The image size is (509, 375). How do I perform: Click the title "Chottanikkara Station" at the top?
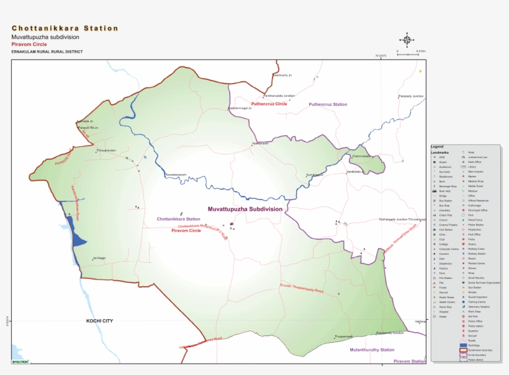click(x=65, y=29)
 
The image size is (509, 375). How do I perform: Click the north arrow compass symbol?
click(x=407, y=40)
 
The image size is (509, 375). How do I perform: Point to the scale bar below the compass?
click(x=408, y=55)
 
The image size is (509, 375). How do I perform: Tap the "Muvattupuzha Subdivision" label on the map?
click(x=245, y=210)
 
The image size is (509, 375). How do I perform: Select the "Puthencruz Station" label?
click(x=328, y=105)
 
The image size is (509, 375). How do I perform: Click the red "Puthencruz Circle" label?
click(x=269, y=104)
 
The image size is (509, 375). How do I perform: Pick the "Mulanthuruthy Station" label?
click(x=372, y=350)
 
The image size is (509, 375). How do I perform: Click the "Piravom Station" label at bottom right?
click(x=410, y=361)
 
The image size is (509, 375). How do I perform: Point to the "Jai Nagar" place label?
click(x=99, y=258)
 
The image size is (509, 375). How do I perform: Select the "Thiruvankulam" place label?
click(x=106, y=151)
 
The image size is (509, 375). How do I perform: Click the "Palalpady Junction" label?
click(x=410, y=96)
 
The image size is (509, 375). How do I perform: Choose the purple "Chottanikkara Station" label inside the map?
click(x=178, y=219)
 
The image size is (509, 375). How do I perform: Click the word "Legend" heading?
click(x=437, y=147)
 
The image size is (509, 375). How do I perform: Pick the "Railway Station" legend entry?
click(x=477, y=254)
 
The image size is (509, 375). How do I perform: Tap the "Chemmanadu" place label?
click(x=362, y=156)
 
